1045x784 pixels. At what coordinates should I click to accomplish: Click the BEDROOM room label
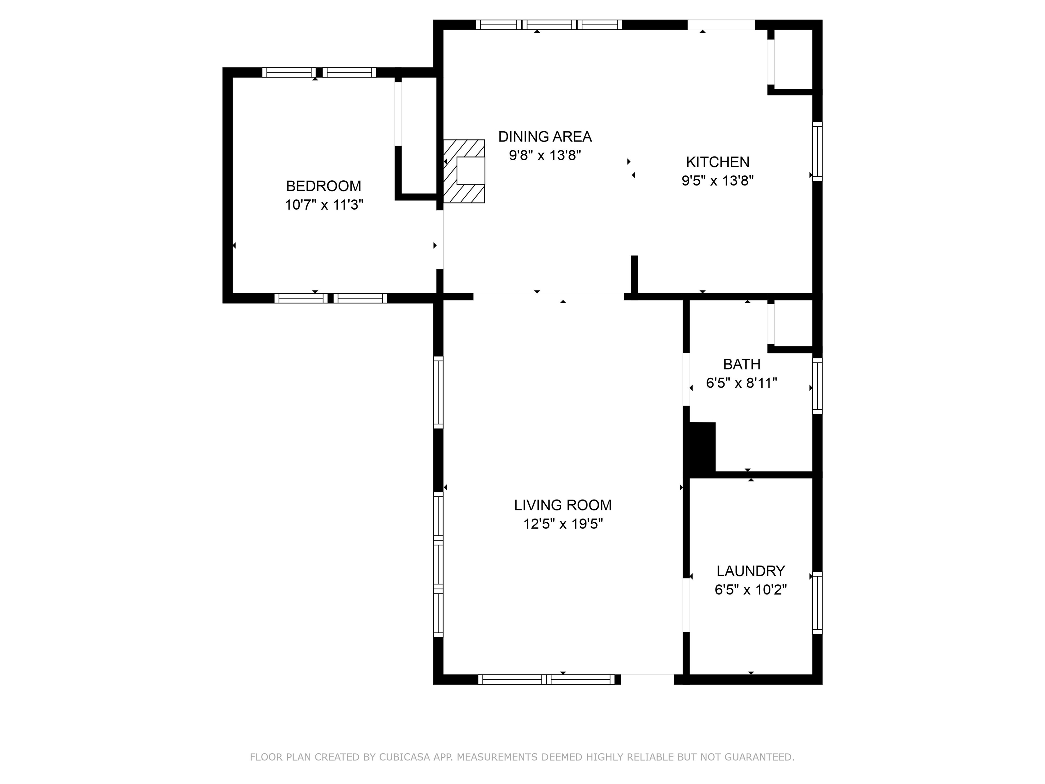(324, 186)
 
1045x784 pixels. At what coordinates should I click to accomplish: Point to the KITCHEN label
(718, 162)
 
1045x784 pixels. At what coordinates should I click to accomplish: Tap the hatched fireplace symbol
(464, 171)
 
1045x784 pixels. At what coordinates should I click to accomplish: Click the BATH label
(742, 364)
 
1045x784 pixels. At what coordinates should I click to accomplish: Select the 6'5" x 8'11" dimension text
(742, 383)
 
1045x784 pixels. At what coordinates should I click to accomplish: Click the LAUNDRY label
(751, 571)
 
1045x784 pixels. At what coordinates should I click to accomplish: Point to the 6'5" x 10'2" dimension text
(751, 590)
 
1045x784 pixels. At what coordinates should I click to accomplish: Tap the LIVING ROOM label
(563, 505)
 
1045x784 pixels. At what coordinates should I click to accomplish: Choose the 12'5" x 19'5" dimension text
(563, 524)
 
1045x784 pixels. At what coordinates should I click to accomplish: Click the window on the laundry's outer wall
(817, 603)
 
